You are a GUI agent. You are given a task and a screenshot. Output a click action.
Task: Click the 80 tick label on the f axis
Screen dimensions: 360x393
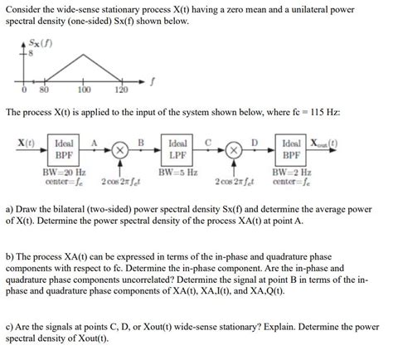(44, 90)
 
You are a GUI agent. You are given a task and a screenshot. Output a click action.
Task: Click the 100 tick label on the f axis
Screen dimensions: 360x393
(84, 90)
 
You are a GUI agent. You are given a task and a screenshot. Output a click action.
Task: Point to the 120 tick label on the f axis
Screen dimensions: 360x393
(120, 90)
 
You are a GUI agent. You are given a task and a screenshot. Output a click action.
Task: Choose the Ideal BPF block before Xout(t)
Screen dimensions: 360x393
(291, 149)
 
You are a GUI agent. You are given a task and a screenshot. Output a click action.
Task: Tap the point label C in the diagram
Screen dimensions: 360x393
(208, 142)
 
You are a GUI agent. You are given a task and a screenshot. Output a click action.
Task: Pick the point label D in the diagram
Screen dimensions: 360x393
(255, 142)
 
